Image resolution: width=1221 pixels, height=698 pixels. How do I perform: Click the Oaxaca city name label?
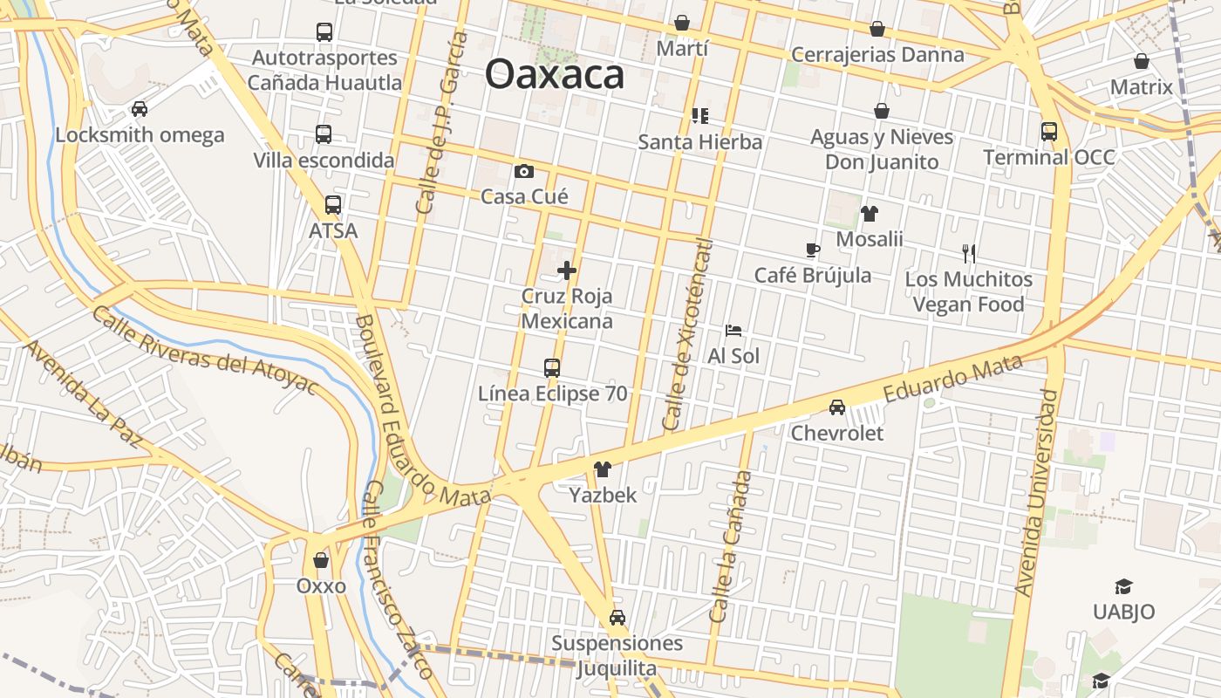[x=555, y=74]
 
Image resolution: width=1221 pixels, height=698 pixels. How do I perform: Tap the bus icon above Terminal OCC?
[x=1049, y=132]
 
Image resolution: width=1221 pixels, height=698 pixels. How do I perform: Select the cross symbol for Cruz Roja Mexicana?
[x=567, y=270]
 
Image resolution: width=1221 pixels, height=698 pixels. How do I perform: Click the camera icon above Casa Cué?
[x=523, y=171]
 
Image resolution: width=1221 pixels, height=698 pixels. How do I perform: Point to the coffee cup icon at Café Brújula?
[x=812, y=250]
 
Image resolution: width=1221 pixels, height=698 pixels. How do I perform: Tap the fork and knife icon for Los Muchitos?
[x=968, y=254]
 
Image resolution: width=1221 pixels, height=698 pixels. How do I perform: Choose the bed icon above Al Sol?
[x=733, y=331]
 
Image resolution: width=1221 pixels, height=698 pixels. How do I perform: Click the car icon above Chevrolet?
[x=837, y=407]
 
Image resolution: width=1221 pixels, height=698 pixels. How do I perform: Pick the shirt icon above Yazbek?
[x=602, y=469]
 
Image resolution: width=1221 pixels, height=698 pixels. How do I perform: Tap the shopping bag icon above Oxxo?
[x=321, y=560]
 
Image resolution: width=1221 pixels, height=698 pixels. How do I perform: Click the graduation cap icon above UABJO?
[x=1123, y=586]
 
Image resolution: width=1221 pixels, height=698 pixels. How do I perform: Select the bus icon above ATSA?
[x=333, y=205]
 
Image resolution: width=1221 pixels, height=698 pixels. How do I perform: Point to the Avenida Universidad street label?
[x=1036, y=493]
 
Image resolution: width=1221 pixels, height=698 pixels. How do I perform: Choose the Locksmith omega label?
[x=140, y=135]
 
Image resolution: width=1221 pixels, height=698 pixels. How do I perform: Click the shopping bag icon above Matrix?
[x=1142, y=61]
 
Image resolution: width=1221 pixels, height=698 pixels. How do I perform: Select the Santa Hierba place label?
[x=700, y=141]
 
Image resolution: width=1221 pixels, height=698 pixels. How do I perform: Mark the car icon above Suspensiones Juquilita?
[x=617, y=618]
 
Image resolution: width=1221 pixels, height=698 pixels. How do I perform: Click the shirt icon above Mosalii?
[x=869, y=213]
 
